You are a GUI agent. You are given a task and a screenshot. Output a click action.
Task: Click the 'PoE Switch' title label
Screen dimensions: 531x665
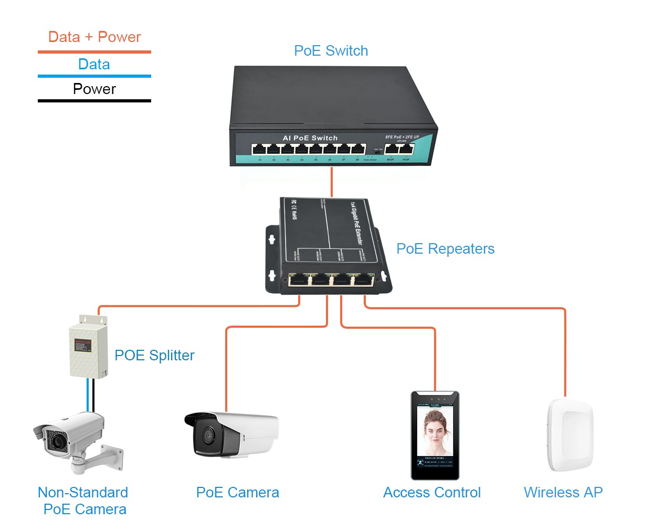click(x=331, y=51)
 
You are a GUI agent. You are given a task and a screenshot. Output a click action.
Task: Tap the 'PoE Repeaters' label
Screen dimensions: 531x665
click(x=445, y=249)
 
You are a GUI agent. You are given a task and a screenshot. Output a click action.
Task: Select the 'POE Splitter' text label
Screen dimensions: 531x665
click(x=154, y=356)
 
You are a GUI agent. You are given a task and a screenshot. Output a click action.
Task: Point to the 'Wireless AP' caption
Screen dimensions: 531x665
click(x=563, y=493)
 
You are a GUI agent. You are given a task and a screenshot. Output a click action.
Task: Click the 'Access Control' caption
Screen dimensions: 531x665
click(x=431, y=493)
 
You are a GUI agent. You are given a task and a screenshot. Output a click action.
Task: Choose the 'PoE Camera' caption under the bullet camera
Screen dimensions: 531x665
click(x=237, y=493)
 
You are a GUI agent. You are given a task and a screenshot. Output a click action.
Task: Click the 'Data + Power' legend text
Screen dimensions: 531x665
click(x=94, y=37)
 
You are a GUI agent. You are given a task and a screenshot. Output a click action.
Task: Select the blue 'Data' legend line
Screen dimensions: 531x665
click(x=94, y=76)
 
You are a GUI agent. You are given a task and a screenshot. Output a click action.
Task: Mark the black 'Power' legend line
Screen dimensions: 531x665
click(x=94, y=100)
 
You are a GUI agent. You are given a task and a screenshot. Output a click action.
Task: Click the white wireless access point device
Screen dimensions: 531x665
click(x=570, y=435)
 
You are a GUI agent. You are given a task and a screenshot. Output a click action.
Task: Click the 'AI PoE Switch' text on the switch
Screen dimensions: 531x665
click(x=310, y=138)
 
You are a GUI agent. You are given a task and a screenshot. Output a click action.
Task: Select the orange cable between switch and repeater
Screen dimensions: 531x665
click(x=332, y=182)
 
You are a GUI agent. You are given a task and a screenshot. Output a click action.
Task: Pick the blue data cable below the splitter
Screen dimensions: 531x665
click(x=88, y=395)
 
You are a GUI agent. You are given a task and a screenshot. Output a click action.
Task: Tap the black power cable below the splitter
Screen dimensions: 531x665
click(x=93, y=395)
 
